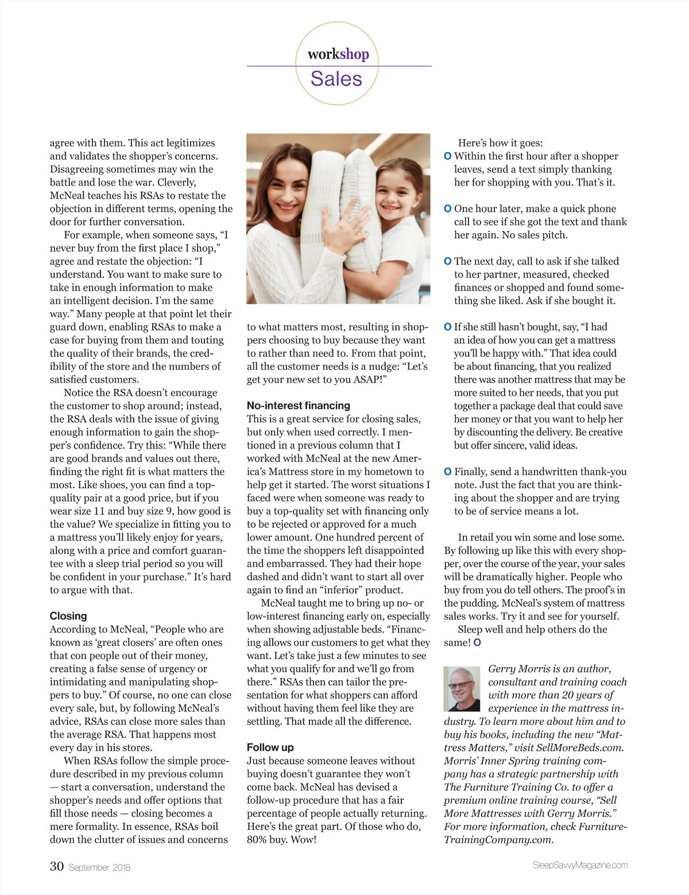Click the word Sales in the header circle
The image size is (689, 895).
pos(336,79)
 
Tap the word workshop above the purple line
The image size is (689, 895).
pos(338,54)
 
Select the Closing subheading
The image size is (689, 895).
pos(68,616)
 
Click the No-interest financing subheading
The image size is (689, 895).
pos(298,406)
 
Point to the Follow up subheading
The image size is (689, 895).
pos(270,747)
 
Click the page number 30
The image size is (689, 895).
pos(56,866)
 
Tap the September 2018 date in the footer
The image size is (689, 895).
pos(99,867)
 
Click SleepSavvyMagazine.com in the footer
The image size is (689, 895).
pos(580,865)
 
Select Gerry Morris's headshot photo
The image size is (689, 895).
pos(462,688)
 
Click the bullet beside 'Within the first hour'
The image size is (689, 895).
pos(448,156)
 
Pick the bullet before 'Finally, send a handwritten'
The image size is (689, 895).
pos(448,472)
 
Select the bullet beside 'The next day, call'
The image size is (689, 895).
pos(448,261)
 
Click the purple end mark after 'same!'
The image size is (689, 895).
pos(477,643)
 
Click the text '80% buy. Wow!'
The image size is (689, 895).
pos(281,840)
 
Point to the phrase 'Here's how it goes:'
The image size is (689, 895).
pos(500,143)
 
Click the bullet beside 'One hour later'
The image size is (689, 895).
pos(448,209)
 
